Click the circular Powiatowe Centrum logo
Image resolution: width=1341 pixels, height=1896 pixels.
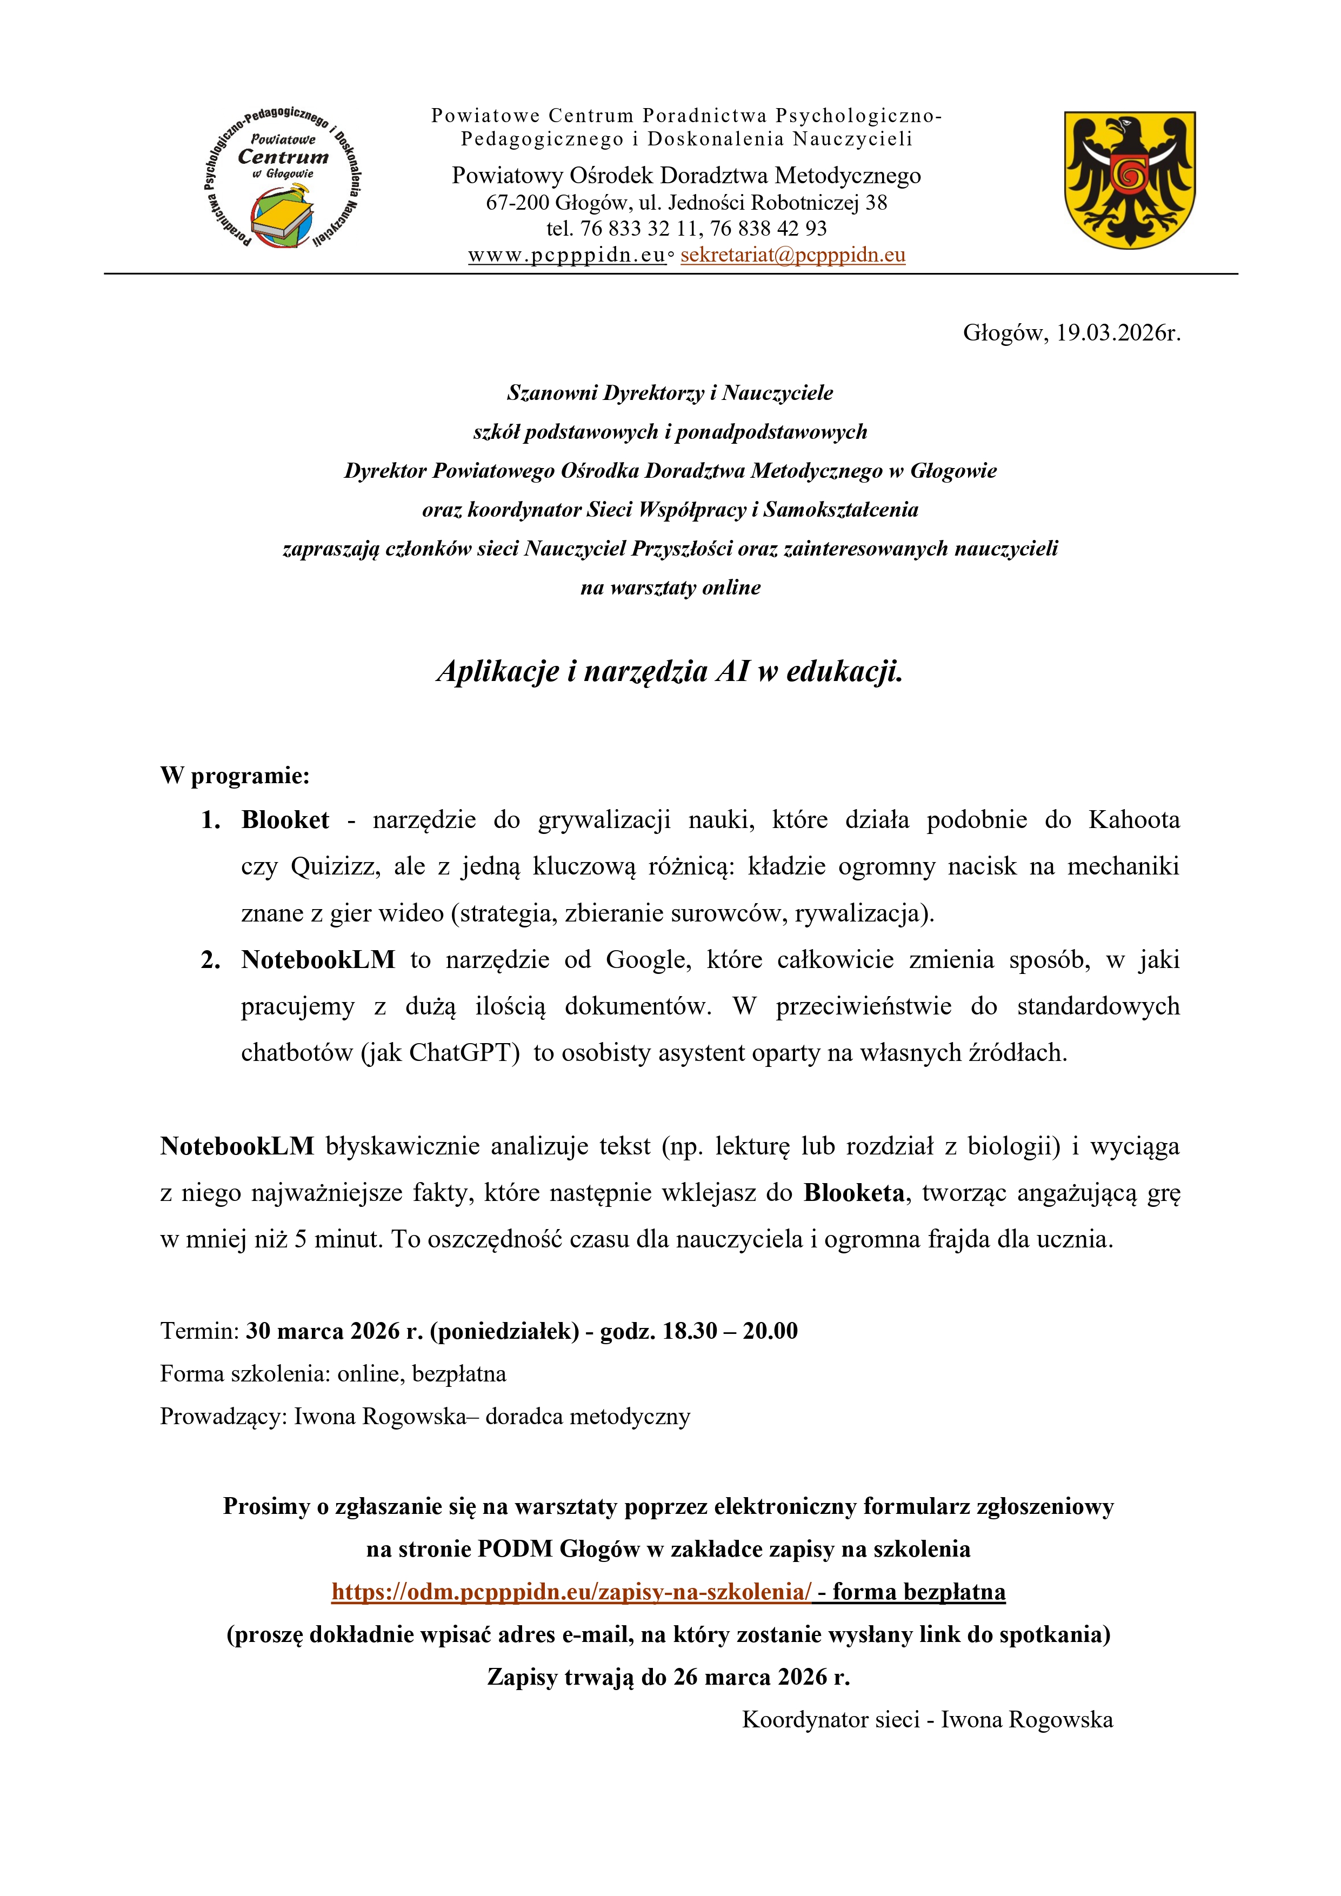pos(282,178)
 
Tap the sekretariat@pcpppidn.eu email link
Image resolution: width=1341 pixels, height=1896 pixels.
pos(793,255)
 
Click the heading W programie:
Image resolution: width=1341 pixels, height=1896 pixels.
pos(235,776)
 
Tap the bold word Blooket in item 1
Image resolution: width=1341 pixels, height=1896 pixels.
pos(285,820)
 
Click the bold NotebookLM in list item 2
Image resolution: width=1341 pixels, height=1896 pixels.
pos(318,959)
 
